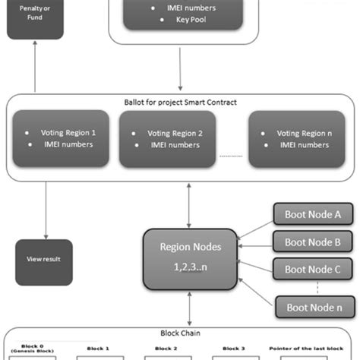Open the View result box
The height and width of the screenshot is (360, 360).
44,259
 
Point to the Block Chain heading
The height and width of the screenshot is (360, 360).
180,333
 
